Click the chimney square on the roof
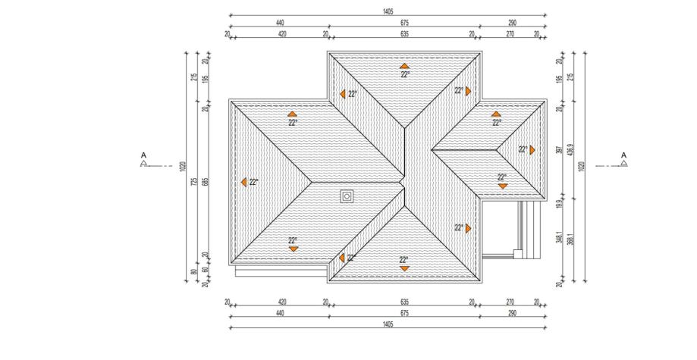click(x=347, y=196)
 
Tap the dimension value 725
click(x=194, y=182)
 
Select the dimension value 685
click(x=205, y=182)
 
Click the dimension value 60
click(x=205, y=269)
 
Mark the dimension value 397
click(x=560, y=151)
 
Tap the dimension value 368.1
click(x=571, y=236)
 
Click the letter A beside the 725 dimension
click(x=143, y=156)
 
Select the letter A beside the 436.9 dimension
click(x=623, y=156)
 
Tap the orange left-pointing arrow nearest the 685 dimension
click(x=243, y=182)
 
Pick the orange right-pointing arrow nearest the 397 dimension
click(x=532, y=150)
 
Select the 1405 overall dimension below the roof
click(x=388, y=324)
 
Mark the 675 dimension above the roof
click(x=404, y=23)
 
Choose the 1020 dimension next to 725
click(x=184, y=167)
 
